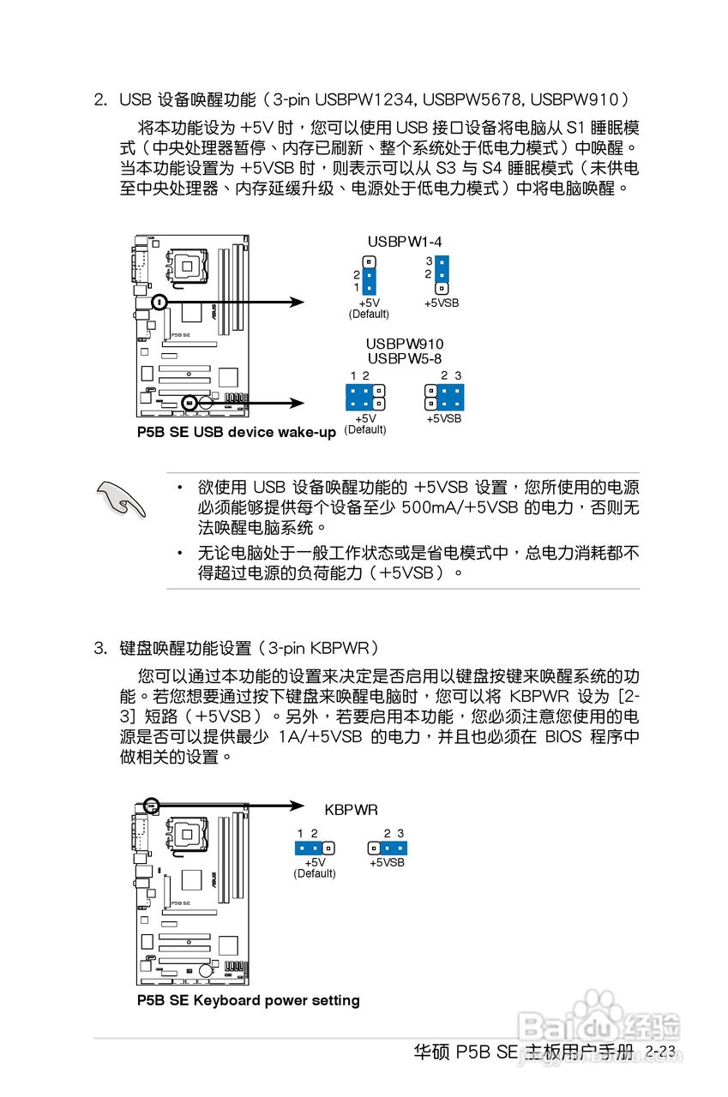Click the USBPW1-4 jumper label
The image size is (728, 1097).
[x=405, y=242]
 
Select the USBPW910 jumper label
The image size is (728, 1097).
[x=405, y=344]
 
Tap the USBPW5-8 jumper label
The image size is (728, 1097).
[x=405, y=358]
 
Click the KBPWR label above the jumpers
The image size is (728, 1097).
[x=351, y=809]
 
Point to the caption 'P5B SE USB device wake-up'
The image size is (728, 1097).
[x=237, y=432]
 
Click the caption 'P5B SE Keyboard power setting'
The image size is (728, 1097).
[x=249, y=1000]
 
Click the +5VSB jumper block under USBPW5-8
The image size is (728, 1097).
[x=444, y=397]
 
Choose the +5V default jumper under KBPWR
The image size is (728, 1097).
[x=315, y=848]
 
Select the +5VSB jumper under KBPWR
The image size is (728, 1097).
[x=387, y=848]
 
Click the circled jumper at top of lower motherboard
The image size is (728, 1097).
[x=152, y=805]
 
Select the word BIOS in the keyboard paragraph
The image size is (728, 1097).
[x=563, y=737]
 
